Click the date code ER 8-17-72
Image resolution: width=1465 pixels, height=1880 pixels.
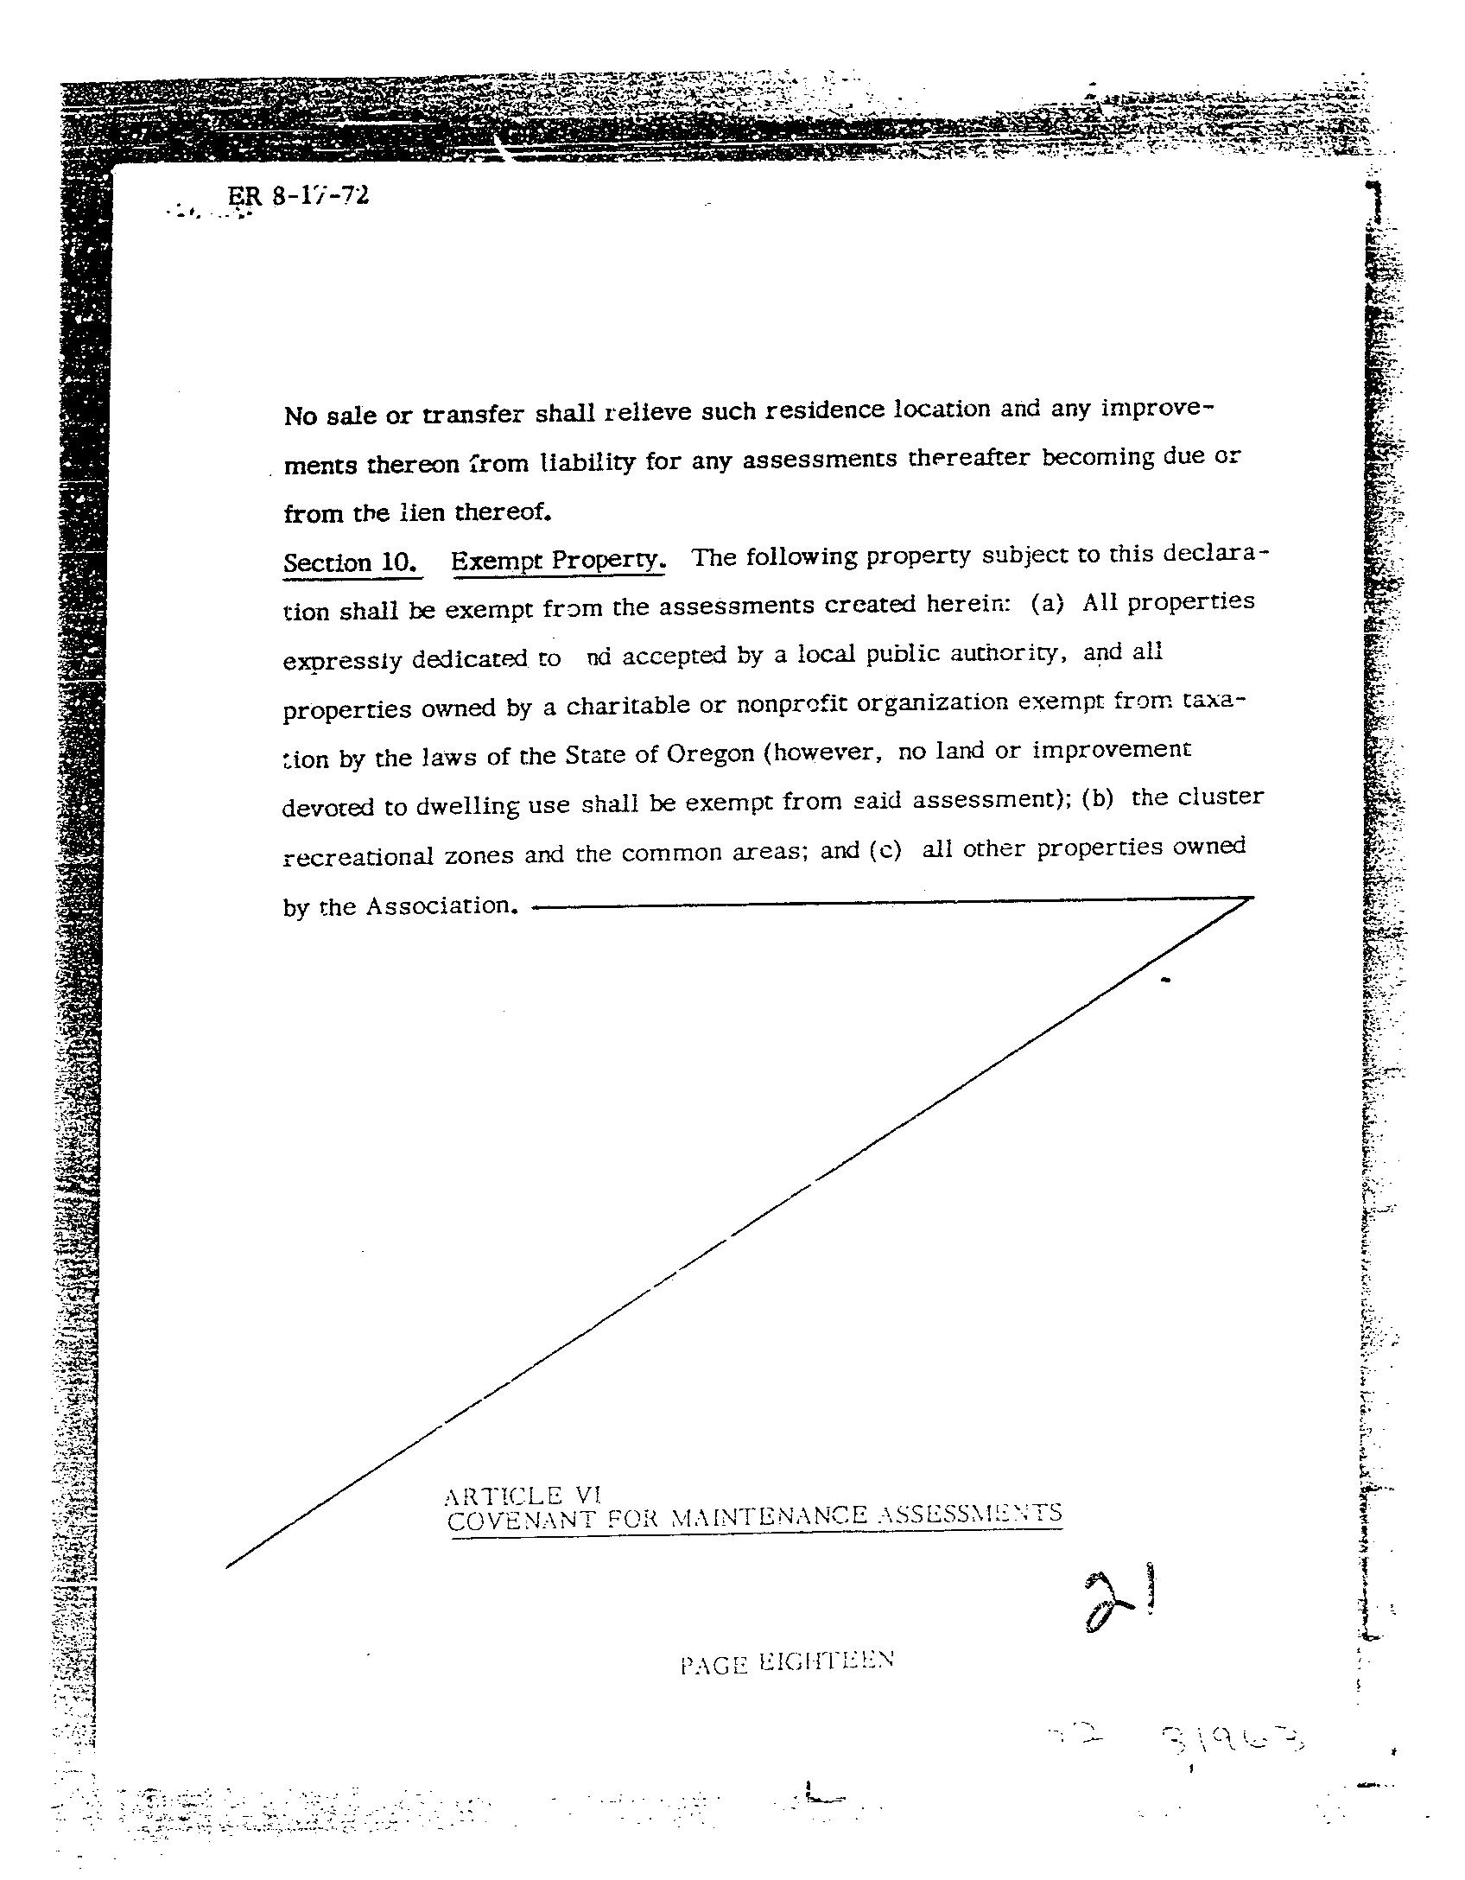pos(298,195)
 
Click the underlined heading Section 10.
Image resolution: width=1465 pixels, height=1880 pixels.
pos(352,562)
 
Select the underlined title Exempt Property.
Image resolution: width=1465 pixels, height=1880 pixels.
pos(558,560)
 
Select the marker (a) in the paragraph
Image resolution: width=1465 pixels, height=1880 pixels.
pos(1046,603)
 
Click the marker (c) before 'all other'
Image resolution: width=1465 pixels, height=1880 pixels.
pos(885,850)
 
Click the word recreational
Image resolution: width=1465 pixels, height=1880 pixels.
pos(358,856)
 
